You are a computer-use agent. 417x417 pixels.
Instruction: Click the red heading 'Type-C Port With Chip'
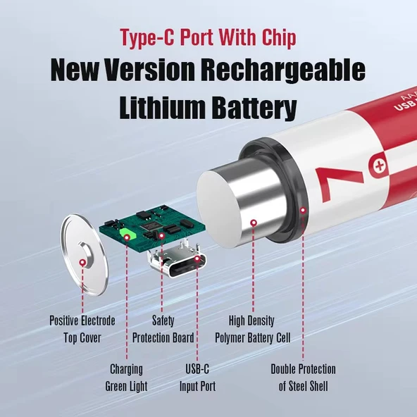(x=208, y=37)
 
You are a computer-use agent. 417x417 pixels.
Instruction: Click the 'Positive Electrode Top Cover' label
(x=82, y=329)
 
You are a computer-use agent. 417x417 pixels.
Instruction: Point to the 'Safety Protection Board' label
(x=163, y=329)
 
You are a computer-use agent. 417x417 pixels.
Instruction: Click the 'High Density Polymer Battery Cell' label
(x=252, y=329)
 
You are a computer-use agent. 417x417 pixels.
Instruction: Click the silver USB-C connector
(x=178, y=266)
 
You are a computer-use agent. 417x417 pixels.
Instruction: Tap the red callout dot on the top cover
(x=83, y=263)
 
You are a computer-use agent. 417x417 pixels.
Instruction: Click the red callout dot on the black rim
(x=304, y=209)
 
